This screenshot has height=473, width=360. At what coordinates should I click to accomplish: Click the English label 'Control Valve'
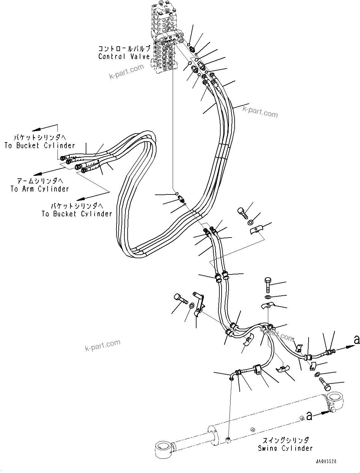124,57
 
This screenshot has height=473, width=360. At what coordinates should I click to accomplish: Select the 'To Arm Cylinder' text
40,189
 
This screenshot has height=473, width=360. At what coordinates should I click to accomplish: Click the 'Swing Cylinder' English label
285,448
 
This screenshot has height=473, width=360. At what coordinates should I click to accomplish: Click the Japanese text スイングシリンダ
285,440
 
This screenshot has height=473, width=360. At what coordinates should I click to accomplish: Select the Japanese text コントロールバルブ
124,49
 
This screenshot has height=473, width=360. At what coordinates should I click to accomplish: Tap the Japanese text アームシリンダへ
40,181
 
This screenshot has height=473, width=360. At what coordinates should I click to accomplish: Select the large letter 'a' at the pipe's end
357,340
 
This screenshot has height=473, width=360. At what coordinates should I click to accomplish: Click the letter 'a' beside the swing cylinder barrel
309,416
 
